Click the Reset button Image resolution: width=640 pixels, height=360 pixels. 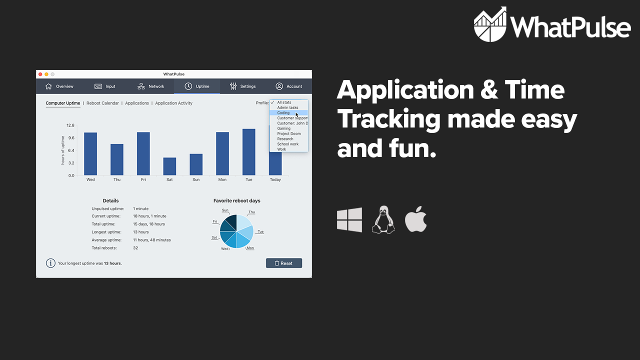pyautogui.click(x=283, y=263)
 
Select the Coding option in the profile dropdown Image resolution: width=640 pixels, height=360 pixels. pyautogui.click(x=283, y=113)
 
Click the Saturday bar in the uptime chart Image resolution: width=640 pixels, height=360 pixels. pyautogui.click(x=169, y=166)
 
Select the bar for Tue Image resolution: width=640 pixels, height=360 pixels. pyautogui.click(x=249, y=152)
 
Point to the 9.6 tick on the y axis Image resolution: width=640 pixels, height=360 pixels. pyautogui.click(x=71, y=138)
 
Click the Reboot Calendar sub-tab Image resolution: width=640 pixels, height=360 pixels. pyautogui.click(x=102, y=103)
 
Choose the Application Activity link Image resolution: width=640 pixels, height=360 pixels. pyautogui.click(x=173, y=103)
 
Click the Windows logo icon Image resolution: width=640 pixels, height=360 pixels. pyautogui.click(x=349, y=220)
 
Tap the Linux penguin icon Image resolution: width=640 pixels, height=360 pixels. pyautogui.click(x=383, y=220)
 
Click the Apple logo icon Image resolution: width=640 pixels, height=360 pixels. pyautogui.click(x=415, y=220)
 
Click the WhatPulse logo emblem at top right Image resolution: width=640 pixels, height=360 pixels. pyautogui.click(x=490, y=24)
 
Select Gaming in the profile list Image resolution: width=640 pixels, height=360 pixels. pyautogui.click(x=283, y=128)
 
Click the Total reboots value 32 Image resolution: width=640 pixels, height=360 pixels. pyautogui.click(x=135, y=248)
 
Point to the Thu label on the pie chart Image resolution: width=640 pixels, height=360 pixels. pyautogui.click(x=251, y=212)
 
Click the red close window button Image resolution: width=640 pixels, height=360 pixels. pyautogui.click(x=40, y=74)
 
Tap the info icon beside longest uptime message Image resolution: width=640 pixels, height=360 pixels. pyautogui.click(x=50, y=263)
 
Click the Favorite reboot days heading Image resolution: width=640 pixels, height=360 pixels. pyautogui.click(x=236, y=201)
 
